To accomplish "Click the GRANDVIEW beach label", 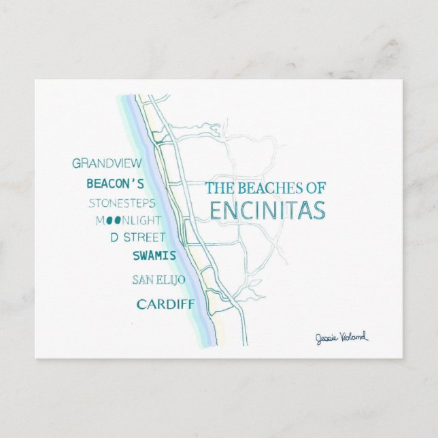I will coord(107,163).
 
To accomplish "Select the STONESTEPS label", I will coord(122,203).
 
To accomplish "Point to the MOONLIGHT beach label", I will coord(129,220).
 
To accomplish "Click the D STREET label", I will coord(138,237).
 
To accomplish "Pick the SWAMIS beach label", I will coord(154,256).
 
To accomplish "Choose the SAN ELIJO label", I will coord(158,280).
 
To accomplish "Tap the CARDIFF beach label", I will coord(165,304).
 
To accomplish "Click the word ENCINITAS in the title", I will coord(267,211).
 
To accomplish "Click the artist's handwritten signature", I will coord(341,337).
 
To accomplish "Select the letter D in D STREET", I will coord(114,237).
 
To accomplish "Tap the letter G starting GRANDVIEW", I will coord(76,163).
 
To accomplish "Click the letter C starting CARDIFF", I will coord(141,304).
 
